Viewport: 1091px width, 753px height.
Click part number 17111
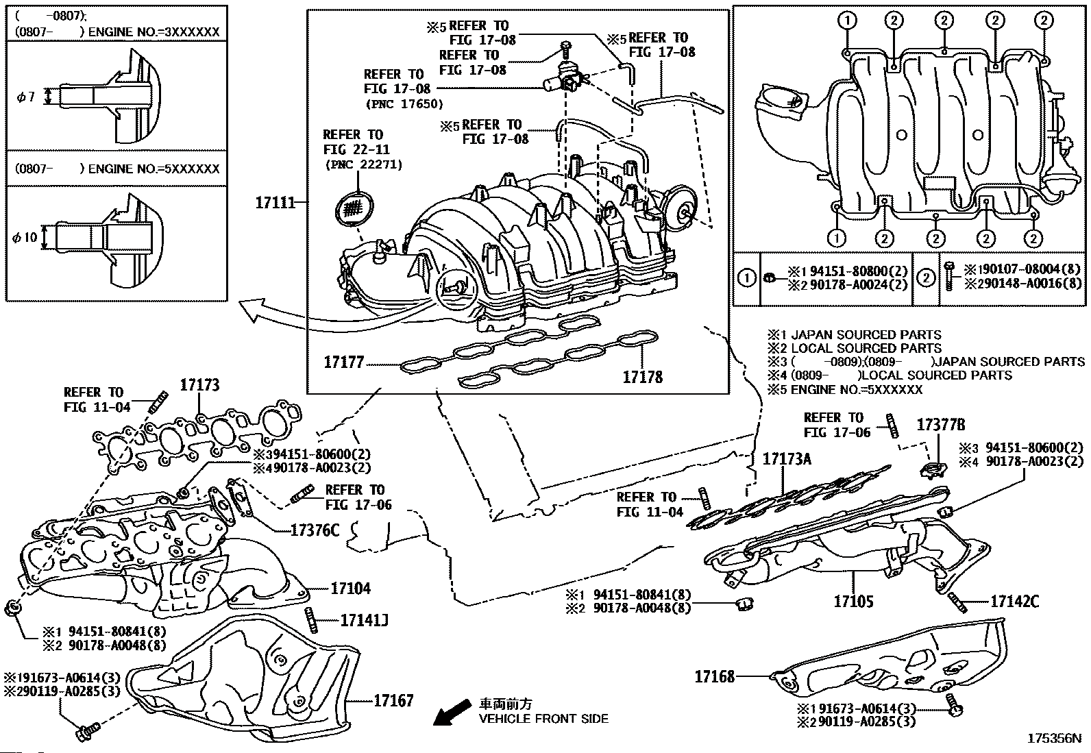pyautogui.click(x=275, y=203)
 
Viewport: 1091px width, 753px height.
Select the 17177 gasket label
pyautogui.click(x=344, y=362)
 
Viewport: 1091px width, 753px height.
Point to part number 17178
pyautogui.click(x=642, y=376)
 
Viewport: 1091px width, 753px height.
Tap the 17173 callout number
pyautogui.click(x=200, y=385)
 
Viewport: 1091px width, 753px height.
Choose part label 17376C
pyautogui.click(x=315, y=530)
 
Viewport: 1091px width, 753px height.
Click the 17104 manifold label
pyautogui.click(x=350, y=588)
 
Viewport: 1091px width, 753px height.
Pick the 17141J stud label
pyautogui.click(x=365, y=621)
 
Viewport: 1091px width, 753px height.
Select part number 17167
pyautogui.click(x=393, y=701)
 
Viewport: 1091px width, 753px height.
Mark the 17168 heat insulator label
pyautogui.click(x=715, y=676)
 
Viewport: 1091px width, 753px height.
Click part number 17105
pyautogui.click(x=853, y=602)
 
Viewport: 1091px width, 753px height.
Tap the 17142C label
pyautogui.click(x=1014, y=602)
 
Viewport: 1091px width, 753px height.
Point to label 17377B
pyautogui.click(x=941, y=425)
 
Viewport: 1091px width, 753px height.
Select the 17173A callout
pyautogui.click(x=787, y=459)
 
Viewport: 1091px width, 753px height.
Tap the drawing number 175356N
pyautogui.click(x=1054, y=739)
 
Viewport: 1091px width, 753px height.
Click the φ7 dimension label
pyautogui.click(x=25, y=98)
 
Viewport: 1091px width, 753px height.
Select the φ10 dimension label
pyautogui.click(x=25, y=237)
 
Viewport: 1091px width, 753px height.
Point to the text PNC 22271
pyautogui.click(x=363, y=164)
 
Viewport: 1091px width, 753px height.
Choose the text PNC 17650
pyautogui.click(x=404, y=103)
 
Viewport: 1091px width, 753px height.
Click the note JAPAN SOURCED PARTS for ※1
pyautogui.click(x=866, y=335)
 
